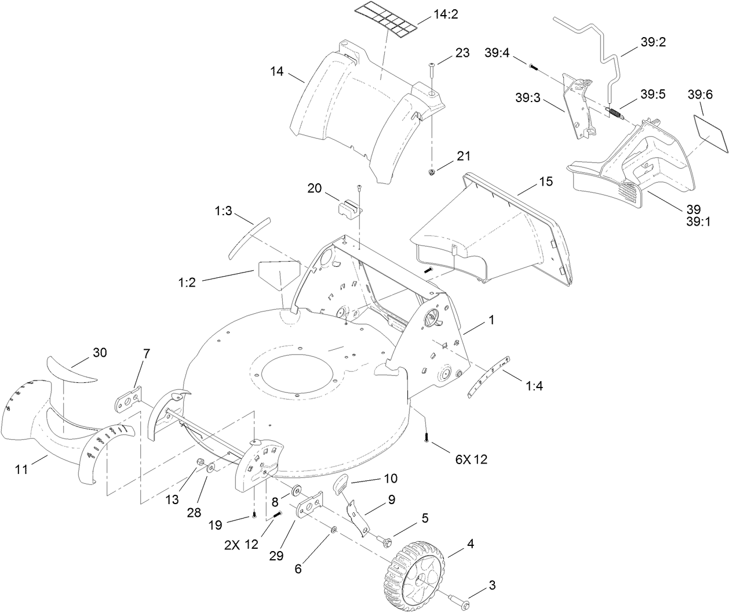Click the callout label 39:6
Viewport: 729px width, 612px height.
(700, 94)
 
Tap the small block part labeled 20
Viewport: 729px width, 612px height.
(348, 208)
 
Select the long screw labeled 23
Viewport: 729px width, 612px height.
(431, 74)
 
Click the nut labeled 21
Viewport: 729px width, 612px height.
(432, 172)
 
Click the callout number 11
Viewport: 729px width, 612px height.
(21, 469)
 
